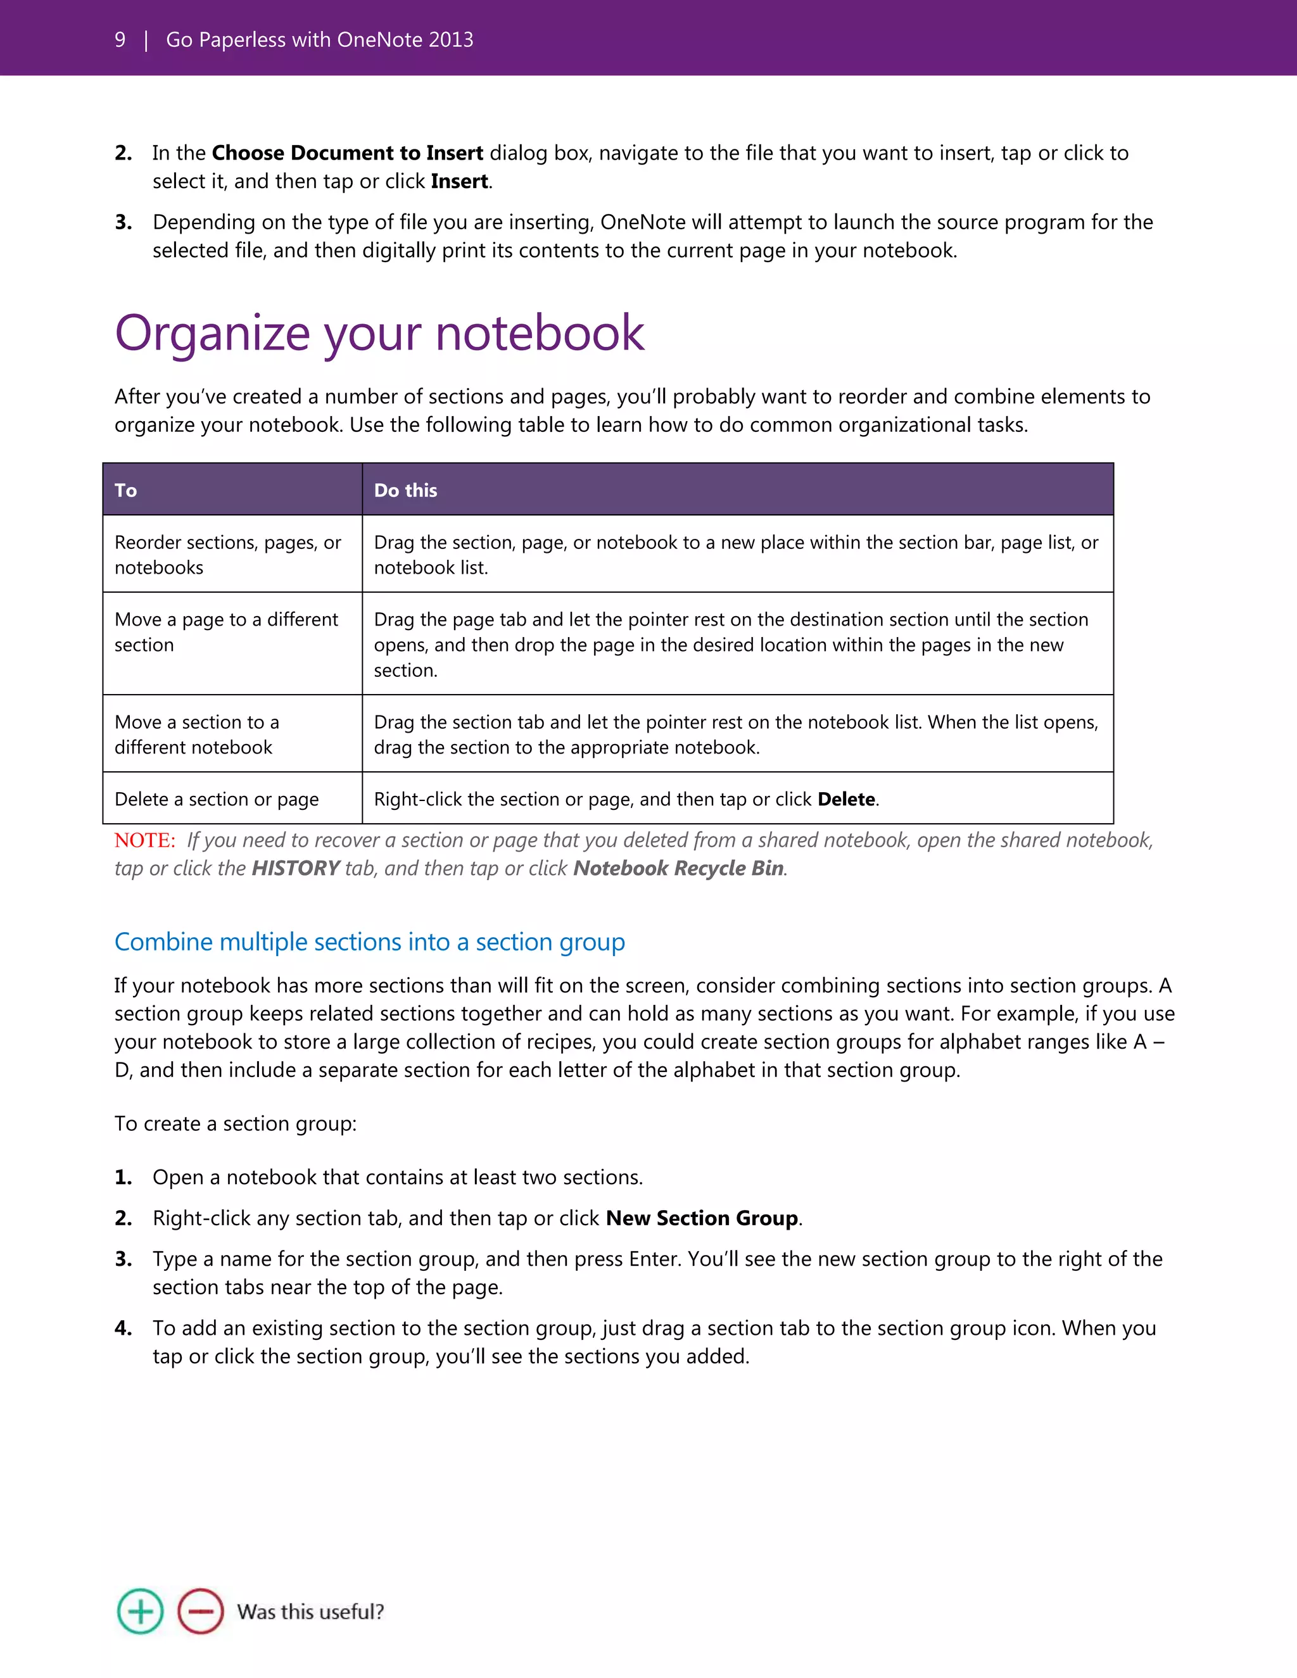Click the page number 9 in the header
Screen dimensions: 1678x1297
[120, 40]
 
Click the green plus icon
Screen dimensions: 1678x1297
[140, 1611]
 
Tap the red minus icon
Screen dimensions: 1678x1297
[201, 1611]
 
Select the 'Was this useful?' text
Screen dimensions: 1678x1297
[310, 1611]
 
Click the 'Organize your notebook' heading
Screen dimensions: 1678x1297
[379, 334]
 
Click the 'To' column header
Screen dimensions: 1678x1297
[126, 490]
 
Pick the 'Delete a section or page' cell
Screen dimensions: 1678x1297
[217, 799]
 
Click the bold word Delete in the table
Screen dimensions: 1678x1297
[846, 799]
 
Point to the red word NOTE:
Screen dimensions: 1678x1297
[145, 840]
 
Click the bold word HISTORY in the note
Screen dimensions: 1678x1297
[295, 868]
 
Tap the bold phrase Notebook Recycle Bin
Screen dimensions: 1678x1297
[678, 868]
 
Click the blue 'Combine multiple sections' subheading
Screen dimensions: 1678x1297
[370, 942]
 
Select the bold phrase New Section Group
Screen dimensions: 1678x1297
[702, 1218]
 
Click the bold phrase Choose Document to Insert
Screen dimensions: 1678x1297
[347, 153]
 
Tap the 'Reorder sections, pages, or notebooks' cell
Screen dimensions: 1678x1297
[227, 555]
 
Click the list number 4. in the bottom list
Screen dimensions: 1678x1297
[123, 1328]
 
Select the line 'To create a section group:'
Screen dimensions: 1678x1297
[235, 1123]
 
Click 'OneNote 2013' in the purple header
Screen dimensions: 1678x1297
[405, 40]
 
